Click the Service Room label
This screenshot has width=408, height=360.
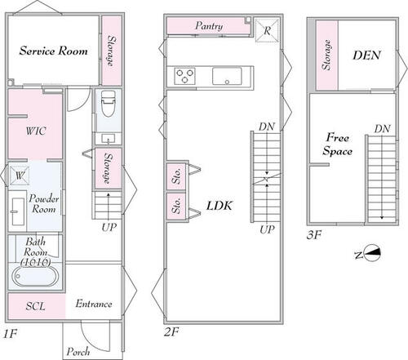(53, 51)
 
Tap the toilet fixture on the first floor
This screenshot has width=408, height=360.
(108, 104)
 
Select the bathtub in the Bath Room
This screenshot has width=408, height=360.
(34, 276)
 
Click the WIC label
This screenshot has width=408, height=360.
(36, 131)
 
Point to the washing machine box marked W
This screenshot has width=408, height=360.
(20, 176)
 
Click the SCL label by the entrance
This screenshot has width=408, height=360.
(35, 306)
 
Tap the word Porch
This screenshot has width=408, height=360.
(78, 352)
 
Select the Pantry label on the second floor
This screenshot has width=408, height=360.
(209, 26)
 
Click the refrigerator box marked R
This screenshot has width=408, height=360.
(267, 30)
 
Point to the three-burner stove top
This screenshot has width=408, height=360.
(184, 76)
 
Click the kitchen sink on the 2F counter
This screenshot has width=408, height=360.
(227, 76)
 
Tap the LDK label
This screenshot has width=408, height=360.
(220, 206)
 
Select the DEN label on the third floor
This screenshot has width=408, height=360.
(366, 56)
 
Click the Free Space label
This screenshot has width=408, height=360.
(338, 144)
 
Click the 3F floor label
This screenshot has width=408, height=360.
(314, 234)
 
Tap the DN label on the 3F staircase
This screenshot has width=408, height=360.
(383, 129)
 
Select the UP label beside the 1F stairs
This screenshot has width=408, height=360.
(109, 227)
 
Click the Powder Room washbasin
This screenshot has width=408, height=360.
(19, 211)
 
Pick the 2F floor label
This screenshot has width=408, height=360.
(171, 331)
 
